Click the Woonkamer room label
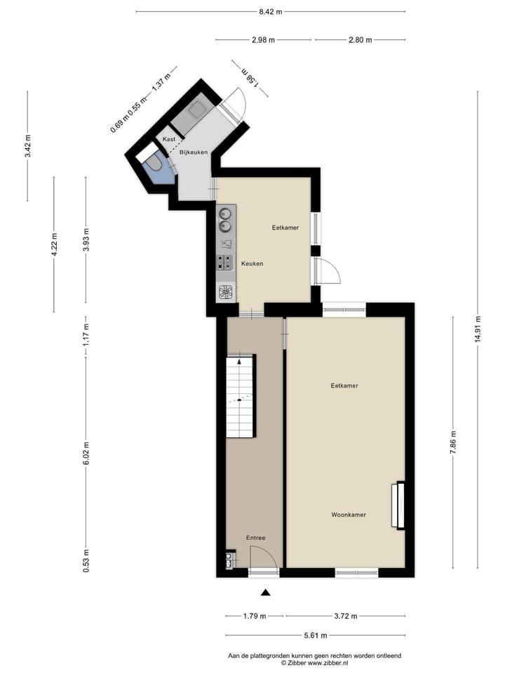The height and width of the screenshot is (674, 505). pos(349,515)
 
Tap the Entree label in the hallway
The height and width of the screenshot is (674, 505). pos(255,538)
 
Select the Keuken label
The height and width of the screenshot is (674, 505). pos(252,263)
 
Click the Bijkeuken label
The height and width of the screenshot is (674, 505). pos(193,152)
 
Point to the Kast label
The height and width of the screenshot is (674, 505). pos(169,139)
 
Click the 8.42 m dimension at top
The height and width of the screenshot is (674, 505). pos(270,11)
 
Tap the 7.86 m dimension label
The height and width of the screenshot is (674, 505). pos(453,442)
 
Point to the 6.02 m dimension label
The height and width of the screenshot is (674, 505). pos(86,454)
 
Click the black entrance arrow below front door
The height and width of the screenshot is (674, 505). pos(264,593)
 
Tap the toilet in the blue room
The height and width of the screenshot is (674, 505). pos(156,164)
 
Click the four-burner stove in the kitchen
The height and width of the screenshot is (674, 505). pos(226,263)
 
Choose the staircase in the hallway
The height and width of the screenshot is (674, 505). pos(240,397)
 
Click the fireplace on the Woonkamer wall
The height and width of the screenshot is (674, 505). pos(400,505)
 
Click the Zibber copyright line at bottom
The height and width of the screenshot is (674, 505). pos(314,662)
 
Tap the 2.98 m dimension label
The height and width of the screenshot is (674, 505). pos(263,40)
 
